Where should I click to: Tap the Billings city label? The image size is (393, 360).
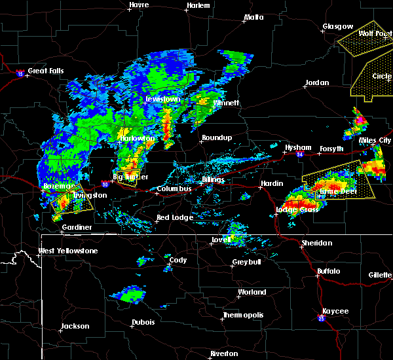click(x=214, y=179)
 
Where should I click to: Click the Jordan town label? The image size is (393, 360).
click(x=317, y=83)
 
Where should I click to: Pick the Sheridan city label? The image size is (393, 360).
click(x=316, y=243)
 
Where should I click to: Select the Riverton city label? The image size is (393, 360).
click(x=224, y=353)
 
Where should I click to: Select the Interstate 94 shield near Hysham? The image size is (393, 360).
click(x=299, y=156)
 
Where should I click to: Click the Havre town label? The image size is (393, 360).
click(x=139, y=5)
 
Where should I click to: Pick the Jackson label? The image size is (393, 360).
click(x=75, y=326)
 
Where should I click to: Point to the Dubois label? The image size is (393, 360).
click(x=143, y=322)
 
